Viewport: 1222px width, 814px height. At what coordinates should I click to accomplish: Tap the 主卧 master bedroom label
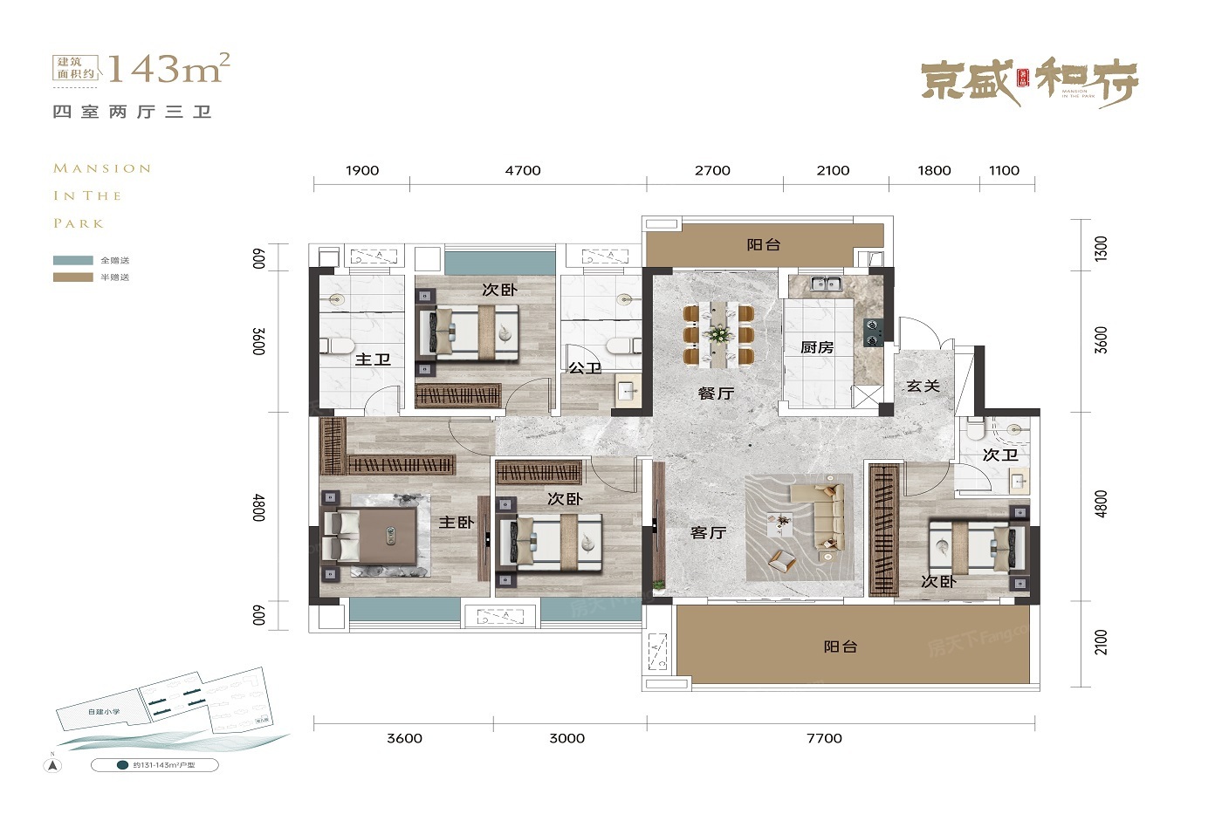click(456, 522)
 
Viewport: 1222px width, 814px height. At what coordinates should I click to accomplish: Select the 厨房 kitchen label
click(817, 347)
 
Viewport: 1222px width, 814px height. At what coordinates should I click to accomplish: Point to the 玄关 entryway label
click(923, 386)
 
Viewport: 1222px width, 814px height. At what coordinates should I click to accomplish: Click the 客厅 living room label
click(708, 532)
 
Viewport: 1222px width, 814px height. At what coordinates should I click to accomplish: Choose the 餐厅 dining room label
click(716, 393)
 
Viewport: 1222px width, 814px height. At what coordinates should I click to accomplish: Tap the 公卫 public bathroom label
click(585, 368)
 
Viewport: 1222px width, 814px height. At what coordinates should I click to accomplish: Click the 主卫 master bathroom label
click(373, 359)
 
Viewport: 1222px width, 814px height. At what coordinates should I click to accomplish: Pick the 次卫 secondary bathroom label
click(999, 455)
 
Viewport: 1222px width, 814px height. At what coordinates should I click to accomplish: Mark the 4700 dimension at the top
click(523, 170)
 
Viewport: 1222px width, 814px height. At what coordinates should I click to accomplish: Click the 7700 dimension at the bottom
click(824, 738)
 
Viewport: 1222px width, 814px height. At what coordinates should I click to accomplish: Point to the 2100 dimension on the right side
click(1101, 642)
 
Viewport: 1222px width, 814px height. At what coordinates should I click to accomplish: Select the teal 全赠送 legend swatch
click(72, 260)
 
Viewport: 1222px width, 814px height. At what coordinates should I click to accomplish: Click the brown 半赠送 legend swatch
click(72, 277)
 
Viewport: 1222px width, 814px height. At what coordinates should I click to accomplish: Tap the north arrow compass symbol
click(53, 765)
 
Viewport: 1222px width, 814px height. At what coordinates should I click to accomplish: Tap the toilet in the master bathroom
click(336, 345)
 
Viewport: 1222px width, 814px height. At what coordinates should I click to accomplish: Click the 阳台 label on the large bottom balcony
click(840, 646)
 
